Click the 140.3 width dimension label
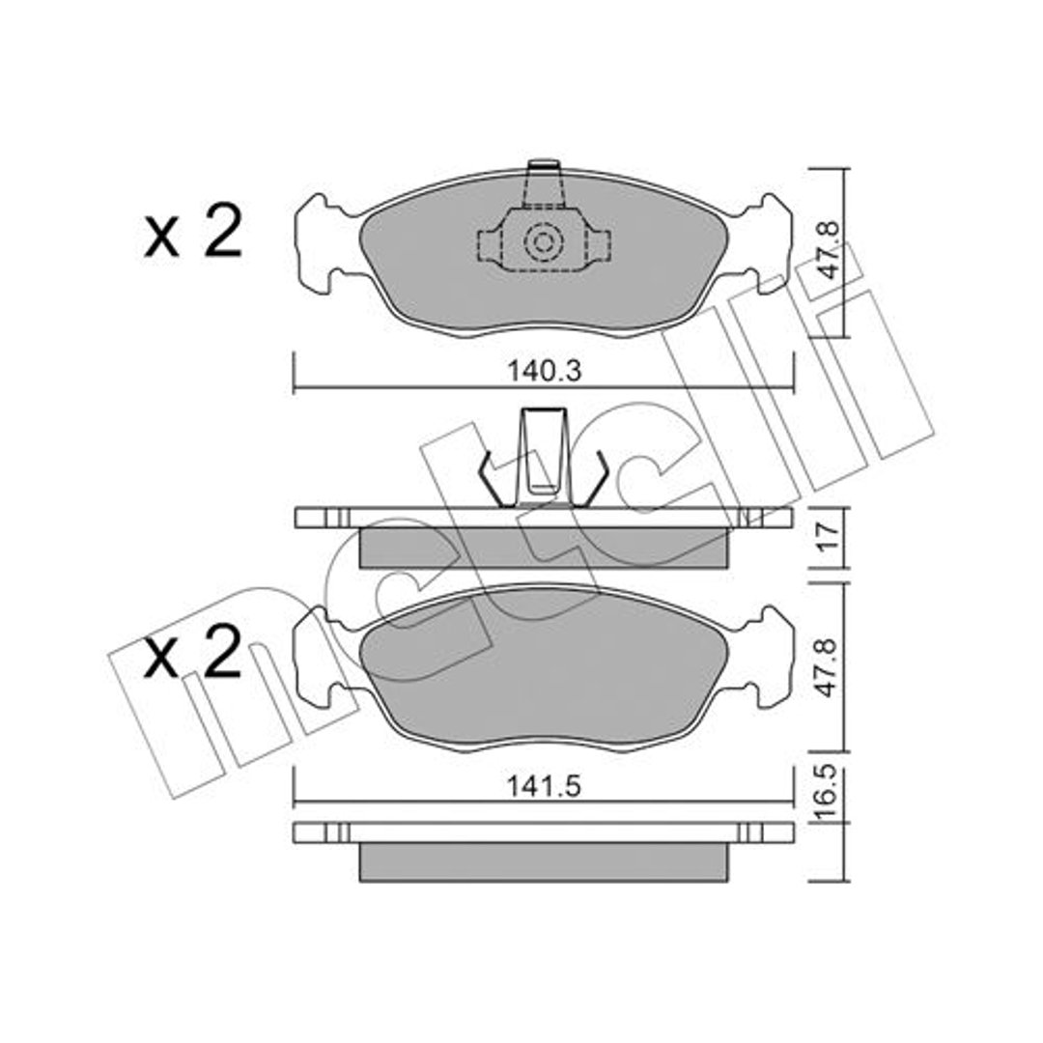pos(544,371)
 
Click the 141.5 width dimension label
pos(544,786)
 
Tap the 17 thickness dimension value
pos(829,537)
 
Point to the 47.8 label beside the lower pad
pos(828,667)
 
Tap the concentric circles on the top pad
pos(544,242)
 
